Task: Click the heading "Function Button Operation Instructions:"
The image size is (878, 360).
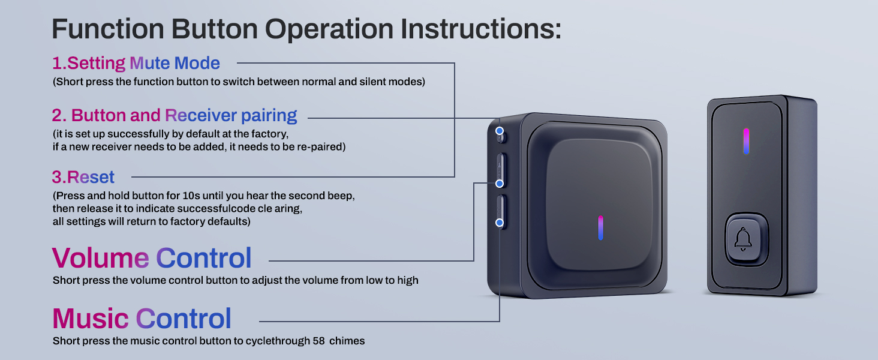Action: [306, 29]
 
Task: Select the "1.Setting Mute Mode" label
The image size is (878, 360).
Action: [136, 63]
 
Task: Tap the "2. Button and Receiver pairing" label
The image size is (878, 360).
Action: [175, 115]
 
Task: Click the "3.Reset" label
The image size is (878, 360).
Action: [83, 177]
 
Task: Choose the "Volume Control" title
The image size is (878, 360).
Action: [152, 258]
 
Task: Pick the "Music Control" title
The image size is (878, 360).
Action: [142, 319]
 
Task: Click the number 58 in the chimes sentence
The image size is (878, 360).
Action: [320, 341]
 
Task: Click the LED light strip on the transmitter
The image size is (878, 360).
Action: [746, 141]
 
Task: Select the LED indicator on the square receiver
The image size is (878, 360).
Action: [600, 228]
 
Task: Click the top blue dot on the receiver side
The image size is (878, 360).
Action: [500, 130]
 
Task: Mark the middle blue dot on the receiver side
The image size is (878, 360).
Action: [500, 183]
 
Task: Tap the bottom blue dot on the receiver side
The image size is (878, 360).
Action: [500, 223]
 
